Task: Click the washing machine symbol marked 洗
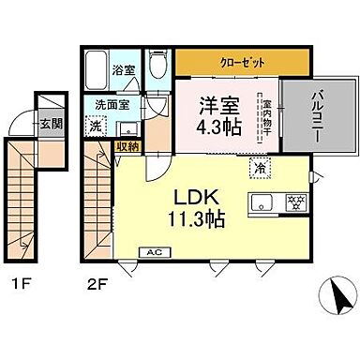point(96,125)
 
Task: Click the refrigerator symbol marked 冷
point(257,168)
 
